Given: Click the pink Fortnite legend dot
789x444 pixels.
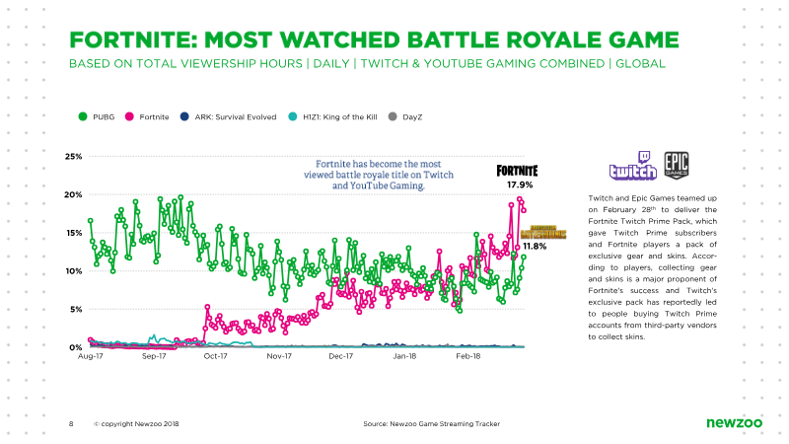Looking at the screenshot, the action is coord(129,116).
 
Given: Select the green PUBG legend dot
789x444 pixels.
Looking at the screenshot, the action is coord(83,116).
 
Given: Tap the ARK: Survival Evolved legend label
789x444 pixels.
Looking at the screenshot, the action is coord(236,116).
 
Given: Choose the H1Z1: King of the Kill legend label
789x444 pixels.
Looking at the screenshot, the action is coord(339,116).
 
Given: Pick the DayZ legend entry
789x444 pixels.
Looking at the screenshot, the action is coord(405,116).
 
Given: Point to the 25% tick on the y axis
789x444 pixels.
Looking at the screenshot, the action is coord(73,157).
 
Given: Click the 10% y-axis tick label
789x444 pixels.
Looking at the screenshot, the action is coord(73,270).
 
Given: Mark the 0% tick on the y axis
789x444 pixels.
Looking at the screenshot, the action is coord(76,347).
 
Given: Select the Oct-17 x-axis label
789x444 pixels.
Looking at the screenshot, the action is coord(215,356).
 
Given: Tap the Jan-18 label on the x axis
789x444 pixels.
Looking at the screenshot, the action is coord(404,356).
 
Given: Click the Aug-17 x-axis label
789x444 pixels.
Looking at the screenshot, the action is coord(91,356).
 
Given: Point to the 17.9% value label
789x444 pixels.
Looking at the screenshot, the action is coord(520,185).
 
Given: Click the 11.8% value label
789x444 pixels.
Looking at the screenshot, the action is coord(535,246).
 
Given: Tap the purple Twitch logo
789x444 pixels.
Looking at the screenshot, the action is coord(633,166).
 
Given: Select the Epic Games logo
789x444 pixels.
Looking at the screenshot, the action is coord(677,165).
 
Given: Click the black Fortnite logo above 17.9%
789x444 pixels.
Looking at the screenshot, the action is coord(517,171).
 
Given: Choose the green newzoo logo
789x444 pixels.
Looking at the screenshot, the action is coord(734,423).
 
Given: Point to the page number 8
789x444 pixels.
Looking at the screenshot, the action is coord(71,424).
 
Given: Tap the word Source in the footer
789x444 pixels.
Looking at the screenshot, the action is coord(375,424).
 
